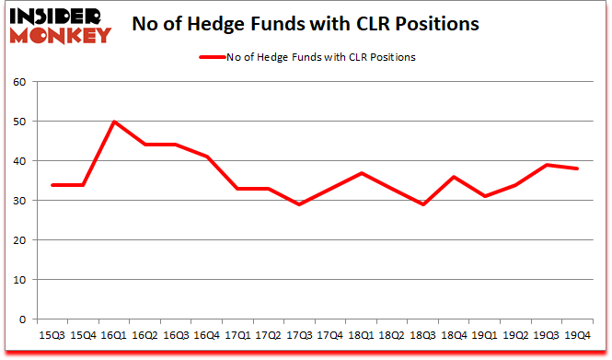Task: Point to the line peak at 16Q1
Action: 113,122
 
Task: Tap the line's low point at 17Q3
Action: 300,204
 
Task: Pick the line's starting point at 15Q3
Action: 51,185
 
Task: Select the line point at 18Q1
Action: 363,173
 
